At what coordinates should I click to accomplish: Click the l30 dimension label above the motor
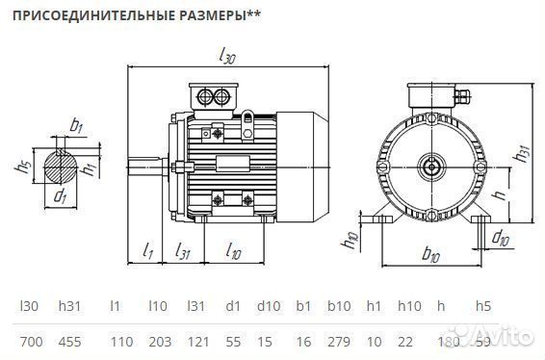coord(227,57)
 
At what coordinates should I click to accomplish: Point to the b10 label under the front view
coord(430,255)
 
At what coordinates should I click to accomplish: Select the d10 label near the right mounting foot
coord(500,236)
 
